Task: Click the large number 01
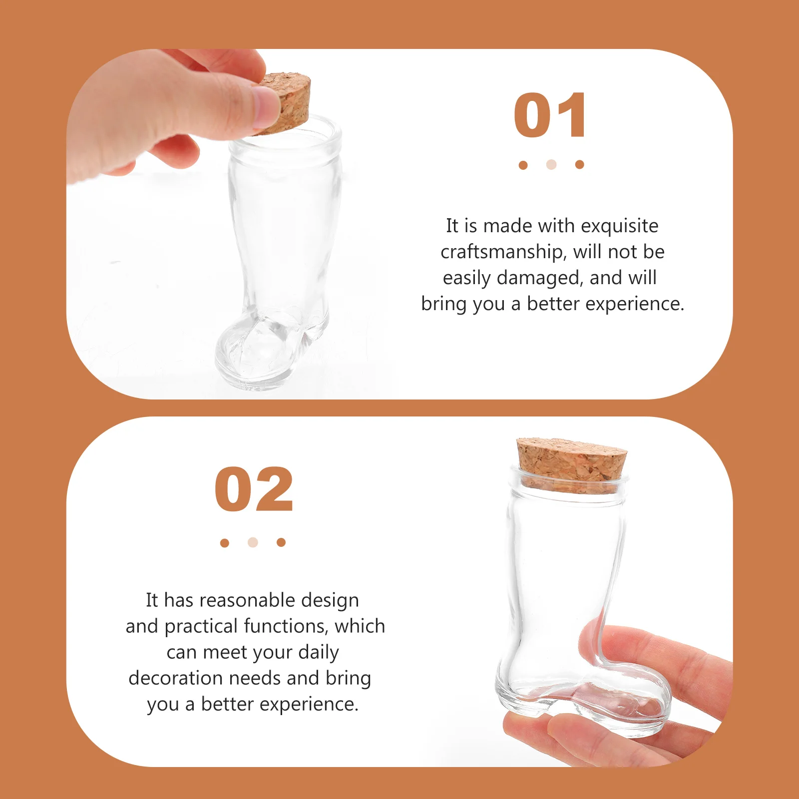(x=550, y=115)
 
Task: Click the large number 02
(x=254, y=489)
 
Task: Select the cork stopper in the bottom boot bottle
(x=572, y=465)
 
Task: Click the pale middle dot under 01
(x=551, y=164)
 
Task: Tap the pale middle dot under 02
(x=253, y=542)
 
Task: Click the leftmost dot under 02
(x=225, y=543)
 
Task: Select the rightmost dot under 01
(x=579, y=164)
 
